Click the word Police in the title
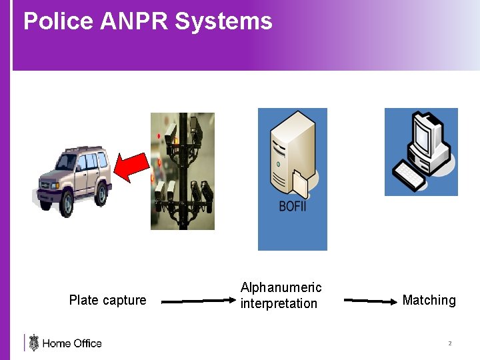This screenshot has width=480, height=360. tap(58, 21)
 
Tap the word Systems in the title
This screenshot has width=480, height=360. tap(223, 21)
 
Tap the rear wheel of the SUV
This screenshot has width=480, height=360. tap(101, 193)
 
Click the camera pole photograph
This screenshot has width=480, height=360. tap(183, 171)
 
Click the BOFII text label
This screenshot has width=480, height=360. tap(293, 206)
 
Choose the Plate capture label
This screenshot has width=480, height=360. tap(107, 300)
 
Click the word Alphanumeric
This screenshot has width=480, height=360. tap(281, 287)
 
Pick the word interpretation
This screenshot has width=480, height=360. tap(279, 303)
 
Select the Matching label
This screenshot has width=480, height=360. tap(429, 300)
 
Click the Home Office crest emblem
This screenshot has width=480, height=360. tap(33, 343)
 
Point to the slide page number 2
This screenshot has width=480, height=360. tap(449, 343)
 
